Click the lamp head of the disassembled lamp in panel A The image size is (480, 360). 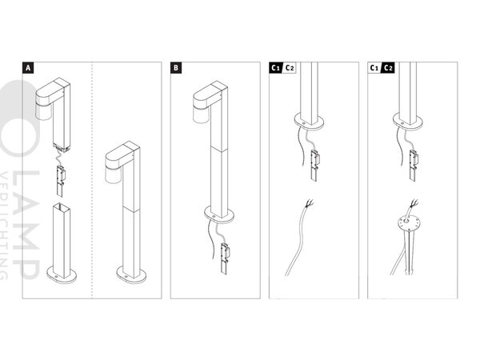54,99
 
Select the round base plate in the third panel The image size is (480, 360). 307,122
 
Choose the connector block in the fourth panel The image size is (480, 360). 414,158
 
